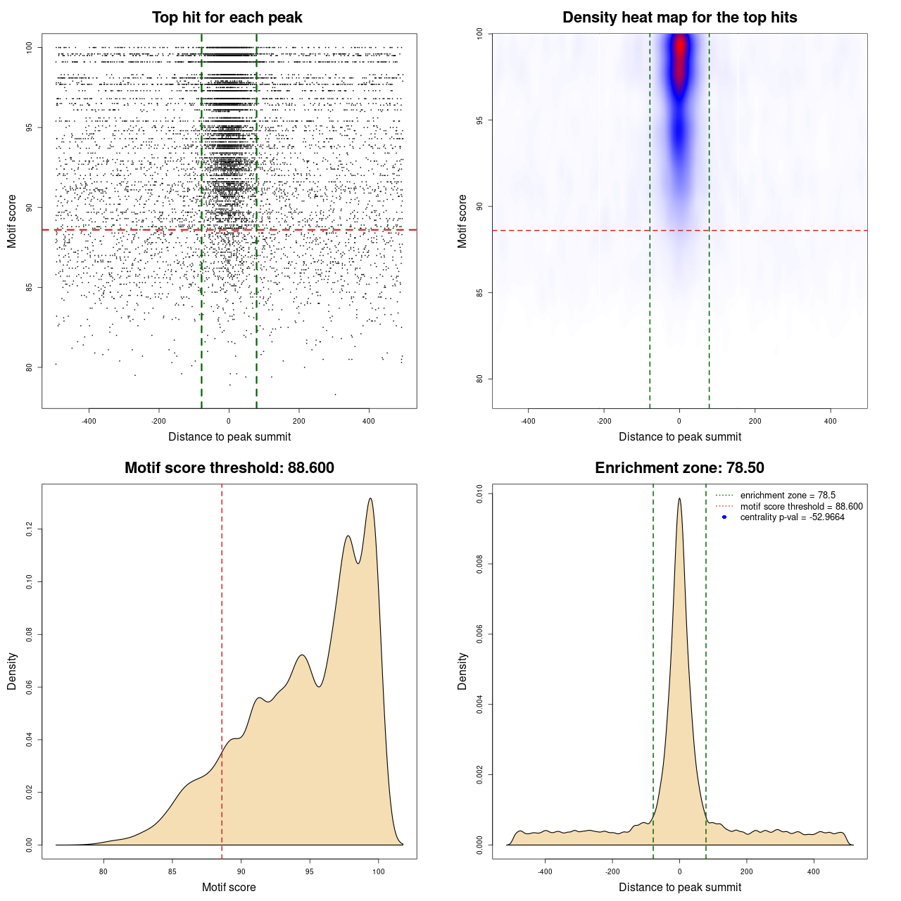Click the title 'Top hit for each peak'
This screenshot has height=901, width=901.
[x=227, y=18]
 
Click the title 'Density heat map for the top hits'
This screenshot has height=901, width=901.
[x=679, y=18]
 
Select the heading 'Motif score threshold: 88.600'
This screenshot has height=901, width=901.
[x=229, y=468]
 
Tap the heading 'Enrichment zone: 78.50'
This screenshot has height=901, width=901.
[x=679, y=468]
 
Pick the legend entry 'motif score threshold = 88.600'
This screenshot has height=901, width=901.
[x=801, y=506]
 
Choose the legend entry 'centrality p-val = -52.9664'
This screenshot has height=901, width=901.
[x=792, y=517]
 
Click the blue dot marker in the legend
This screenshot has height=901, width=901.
[x=724, y=517]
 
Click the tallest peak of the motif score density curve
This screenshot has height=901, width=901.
[x=370, y=499]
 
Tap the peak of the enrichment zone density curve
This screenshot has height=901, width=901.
[x=679, y=499]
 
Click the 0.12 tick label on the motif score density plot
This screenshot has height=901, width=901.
[x=30, y=529]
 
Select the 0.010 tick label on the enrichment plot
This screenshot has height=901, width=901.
[x=480, y=494]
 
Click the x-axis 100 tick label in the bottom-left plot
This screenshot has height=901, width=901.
[x=379, y=871]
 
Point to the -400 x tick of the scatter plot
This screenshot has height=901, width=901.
[x=89, y=421]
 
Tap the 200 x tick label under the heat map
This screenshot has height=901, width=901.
[x=755, y=421]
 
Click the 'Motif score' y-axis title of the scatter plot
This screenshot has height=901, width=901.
[x=12, y=221]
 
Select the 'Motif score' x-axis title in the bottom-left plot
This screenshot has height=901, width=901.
[x=229, y=887]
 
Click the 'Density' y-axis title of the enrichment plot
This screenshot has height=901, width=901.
[x=462, y=671]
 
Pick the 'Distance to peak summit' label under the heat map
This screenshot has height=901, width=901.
[x=679, y=436]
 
